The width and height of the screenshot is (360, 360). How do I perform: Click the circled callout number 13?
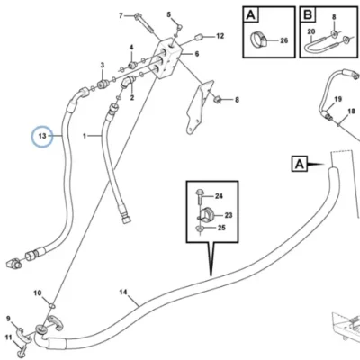[x=42, y=136]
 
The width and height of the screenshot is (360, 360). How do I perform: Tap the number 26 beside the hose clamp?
[x=284, y=40]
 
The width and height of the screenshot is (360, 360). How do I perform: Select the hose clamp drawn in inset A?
[x=258, y=40]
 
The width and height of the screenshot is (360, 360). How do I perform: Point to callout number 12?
[x=220, y=36]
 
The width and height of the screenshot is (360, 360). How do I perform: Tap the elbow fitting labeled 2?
[x=128, y=82]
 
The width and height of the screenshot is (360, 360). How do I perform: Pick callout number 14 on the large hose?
[x=123, y=292]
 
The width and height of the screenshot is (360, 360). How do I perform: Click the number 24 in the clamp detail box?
[x=219, y=196]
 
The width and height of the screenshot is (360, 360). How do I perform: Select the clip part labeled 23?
[x=205, y=214]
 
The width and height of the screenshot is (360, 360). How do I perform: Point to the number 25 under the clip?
[x=221, y=228]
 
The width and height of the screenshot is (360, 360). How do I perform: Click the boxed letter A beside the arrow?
[x=300, y=164]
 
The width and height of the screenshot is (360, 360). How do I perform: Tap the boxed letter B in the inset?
[x=308, y=14]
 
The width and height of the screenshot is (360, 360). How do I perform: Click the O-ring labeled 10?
[x=52, y=306]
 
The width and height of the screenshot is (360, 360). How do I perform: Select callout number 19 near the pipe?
[x=337, y=99]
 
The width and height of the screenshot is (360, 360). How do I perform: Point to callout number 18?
[x=352, y=112]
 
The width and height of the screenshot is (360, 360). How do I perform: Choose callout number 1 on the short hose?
[x=85, y=136]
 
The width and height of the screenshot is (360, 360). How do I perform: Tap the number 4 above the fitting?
[x=131, y=48]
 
